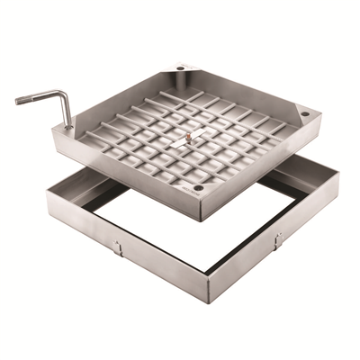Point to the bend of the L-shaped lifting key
point(67,94)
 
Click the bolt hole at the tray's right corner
point(305,114)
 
